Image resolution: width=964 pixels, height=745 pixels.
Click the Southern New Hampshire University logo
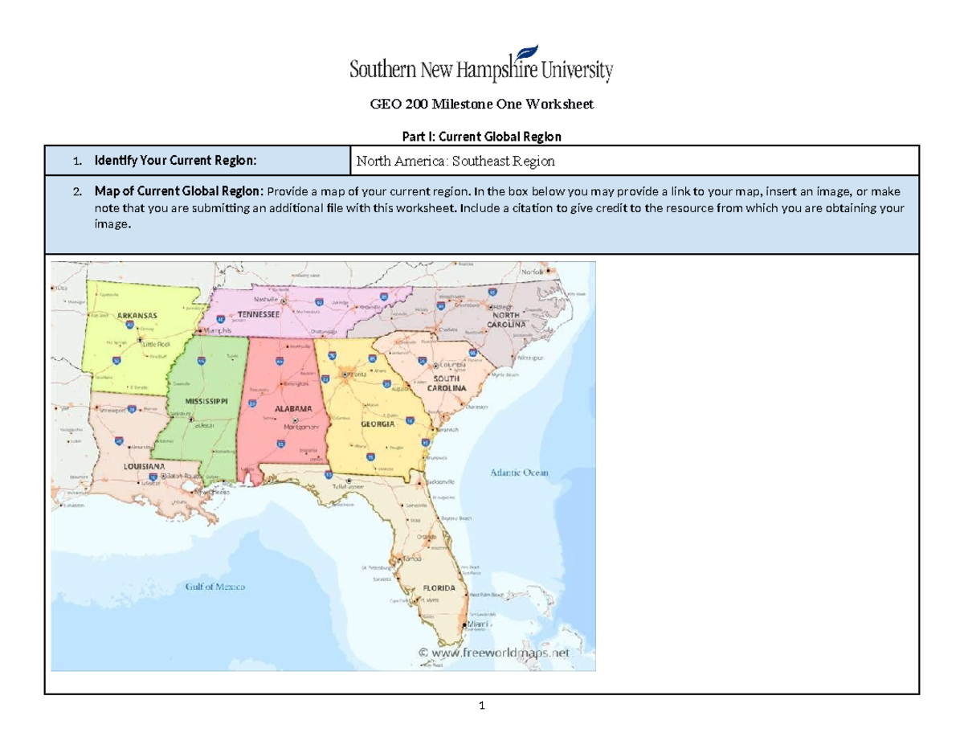[481, 65]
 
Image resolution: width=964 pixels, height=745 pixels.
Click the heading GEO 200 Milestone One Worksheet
[481, 104]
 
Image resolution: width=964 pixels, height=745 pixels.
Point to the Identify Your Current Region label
[175, 162]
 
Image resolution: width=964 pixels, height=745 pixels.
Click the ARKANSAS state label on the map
[137, 315]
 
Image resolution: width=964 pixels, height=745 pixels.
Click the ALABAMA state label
[293, 409]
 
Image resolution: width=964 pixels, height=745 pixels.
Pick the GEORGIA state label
[376, 424]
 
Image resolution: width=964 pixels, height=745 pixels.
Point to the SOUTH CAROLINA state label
[448, 383]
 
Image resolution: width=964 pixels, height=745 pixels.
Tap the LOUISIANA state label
[145, 466]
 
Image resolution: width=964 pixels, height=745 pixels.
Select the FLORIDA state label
[439, 588]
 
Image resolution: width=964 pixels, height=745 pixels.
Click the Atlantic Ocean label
[519, 473]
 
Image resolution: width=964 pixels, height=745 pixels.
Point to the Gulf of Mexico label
[215, 587]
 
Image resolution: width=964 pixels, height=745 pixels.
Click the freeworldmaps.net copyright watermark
[496, 653]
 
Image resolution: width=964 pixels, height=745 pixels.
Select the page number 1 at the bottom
[481, 706]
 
